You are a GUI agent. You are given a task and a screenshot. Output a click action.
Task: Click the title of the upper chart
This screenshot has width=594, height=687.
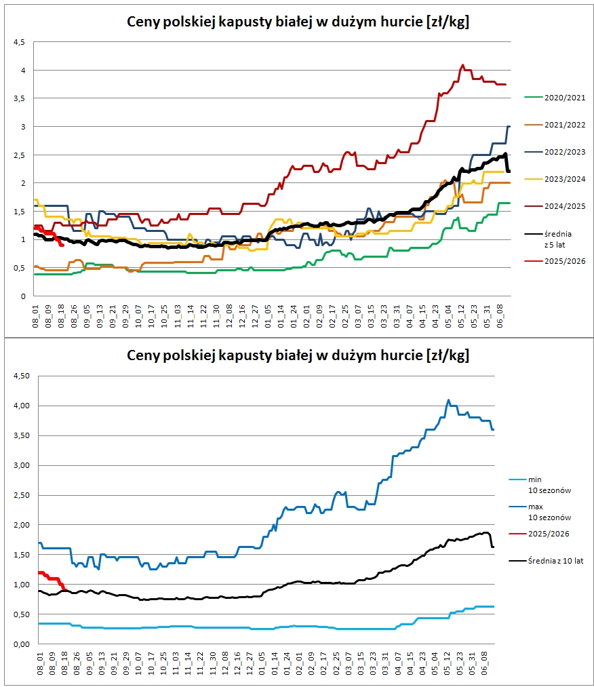pyautogui.click(x=298, y=22)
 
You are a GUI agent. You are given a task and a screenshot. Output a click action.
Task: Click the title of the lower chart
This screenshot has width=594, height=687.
pyautogui.click(x=298, y=355)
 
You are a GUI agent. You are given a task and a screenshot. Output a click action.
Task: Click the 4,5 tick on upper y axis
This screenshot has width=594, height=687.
pyautogui.click(x=20, y=42)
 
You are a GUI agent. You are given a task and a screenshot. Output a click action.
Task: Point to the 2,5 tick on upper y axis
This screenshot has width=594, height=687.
pyautogui.click(x=20, y=155)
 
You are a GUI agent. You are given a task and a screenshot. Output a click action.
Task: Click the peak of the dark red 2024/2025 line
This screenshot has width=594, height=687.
pyautogui.click(x=462, y=65)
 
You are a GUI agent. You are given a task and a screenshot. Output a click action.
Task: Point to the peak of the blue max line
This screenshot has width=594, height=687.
pyautogui.click(x=448, y=400)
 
